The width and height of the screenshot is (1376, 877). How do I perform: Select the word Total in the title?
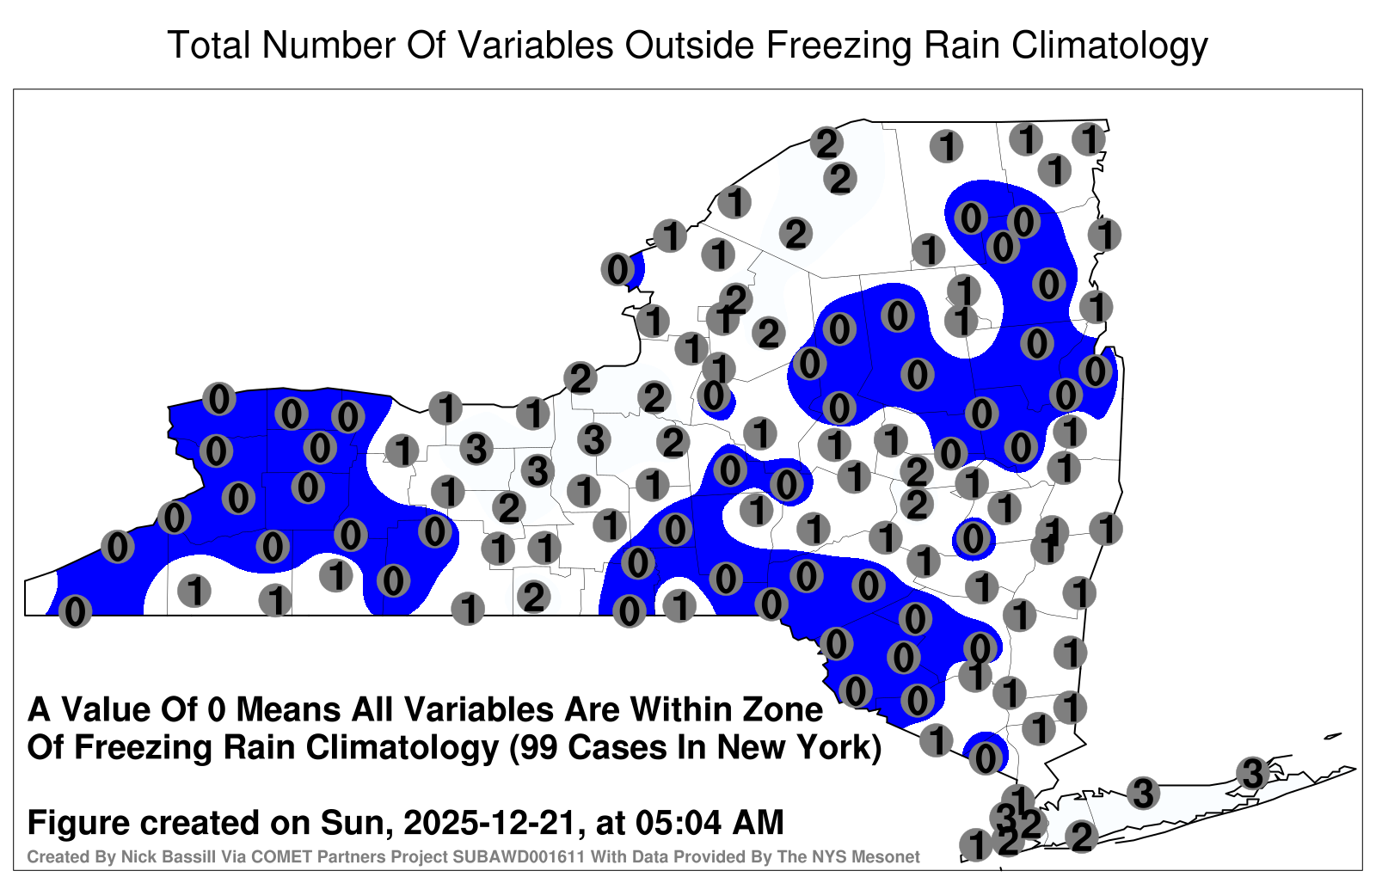[x=208, y=45]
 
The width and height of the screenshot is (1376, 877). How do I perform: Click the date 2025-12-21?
[x=490, y=823]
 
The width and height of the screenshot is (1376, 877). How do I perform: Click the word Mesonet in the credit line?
[x=890, y=856]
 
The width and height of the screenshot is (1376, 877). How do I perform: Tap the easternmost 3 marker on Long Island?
[x=1253, y=773]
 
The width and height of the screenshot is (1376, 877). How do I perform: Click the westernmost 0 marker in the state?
[x=75, y=611]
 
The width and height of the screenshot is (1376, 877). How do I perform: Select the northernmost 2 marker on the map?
[x=826, y=144]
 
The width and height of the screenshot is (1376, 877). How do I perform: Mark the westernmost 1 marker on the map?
[x=194, y=592]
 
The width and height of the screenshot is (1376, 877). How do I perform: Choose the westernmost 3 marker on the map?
[x=476, y=448]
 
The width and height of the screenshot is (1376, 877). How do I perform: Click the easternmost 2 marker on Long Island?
[x=1081, y=837]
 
